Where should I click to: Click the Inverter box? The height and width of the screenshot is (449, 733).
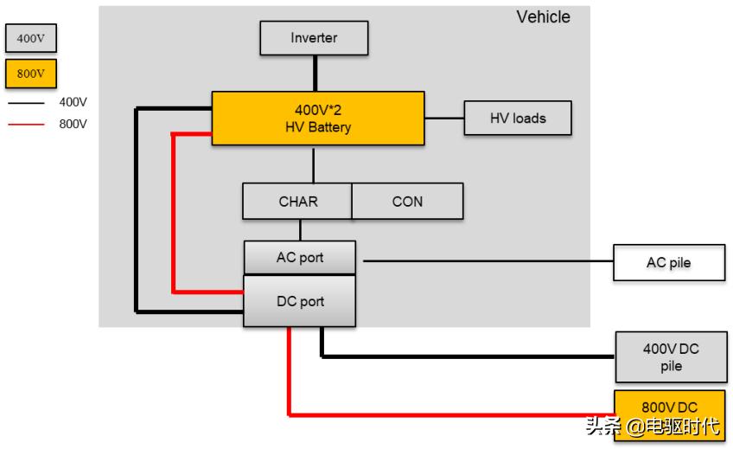point(314,38)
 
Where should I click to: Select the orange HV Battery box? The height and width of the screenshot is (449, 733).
point(318,119)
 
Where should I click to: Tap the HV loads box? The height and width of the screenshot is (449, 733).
point(518,118)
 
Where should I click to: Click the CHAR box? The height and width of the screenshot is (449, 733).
point(297,201)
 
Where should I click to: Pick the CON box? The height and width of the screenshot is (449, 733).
point(407,201)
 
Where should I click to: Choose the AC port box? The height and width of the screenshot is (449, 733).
point(299,258)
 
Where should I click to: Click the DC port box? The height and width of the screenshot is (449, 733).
point(299,301)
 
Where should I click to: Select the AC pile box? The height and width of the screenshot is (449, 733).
point(668,262)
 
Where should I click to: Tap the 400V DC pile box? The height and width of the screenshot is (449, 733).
point(670,357)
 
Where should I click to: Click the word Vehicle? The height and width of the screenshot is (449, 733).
point(543,16)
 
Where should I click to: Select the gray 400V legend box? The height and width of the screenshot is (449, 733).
point(30,38)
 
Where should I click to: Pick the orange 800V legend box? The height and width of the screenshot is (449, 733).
point(30,74)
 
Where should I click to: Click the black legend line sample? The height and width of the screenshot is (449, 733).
point(26,102)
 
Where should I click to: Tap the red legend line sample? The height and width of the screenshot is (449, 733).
point(26,124)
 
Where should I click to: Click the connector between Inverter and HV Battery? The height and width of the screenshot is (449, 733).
point(315,73)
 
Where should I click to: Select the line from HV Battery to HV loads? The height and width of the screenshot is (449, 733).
point(444,118)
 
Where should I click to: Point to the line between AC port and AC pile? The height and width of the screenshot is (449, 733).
point(484,260)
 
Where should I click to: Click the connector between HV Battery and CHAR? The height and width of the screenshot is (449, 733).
point(314,164)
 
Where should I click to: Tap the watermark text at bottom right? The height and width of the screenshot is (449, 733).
point(652,426)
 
